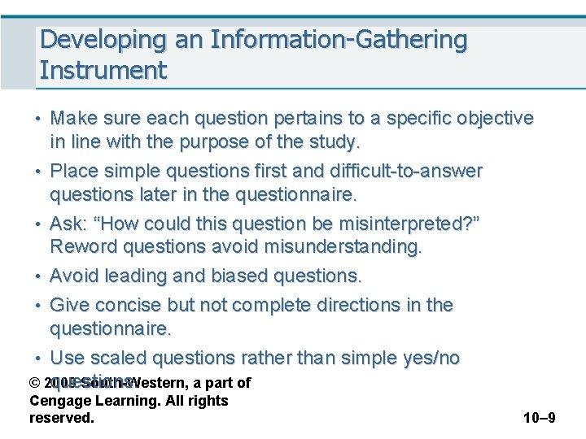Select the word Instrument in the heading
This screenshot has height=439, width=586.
click(x=103, y=70)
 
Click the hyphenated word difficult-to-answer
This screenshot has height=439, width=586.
click(x=406, y=172)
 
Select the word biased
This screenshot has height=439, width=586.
click(x=242, y=276)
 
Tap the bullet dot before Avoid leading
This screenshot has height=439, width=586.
click(x=39, y=276)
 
